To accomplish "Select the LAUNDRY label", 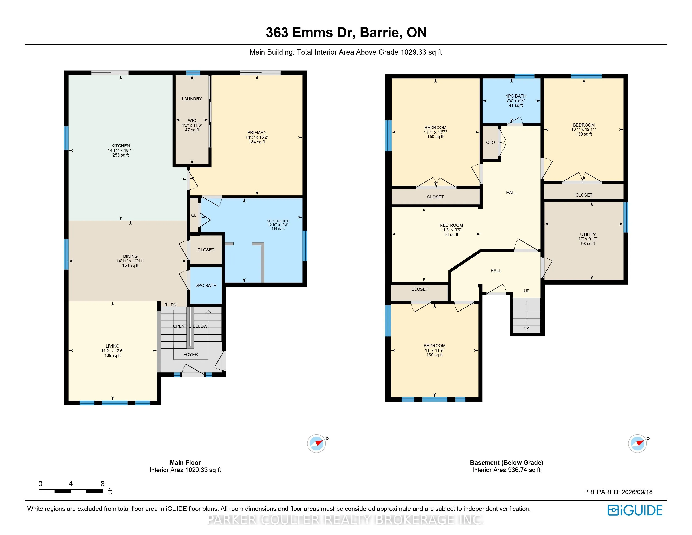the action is (192, 99).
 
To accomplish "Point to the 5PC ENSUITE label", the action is (278, 221).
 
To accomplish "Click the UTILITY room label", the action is (588, 235).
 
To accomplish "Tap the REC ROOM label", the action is (451, 225).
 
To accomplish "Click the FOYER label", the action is (190, 355).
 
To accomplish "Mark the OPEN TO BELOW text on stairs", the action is (190, 326).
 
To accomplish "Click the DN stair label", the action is (174, 305).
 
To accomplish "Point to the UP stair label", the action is (527, 291).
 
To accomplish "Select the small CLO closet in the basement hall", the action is (490, 142).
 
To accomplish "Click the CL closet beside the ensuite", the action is (194, 215).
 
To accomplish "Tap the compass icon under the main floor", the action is (316, 443).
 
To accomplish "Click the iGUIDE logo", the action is (635, 510).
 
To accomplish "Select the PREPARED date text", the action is (618, 492).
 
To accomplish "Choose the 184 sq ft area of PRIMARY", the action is (257, 142).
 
